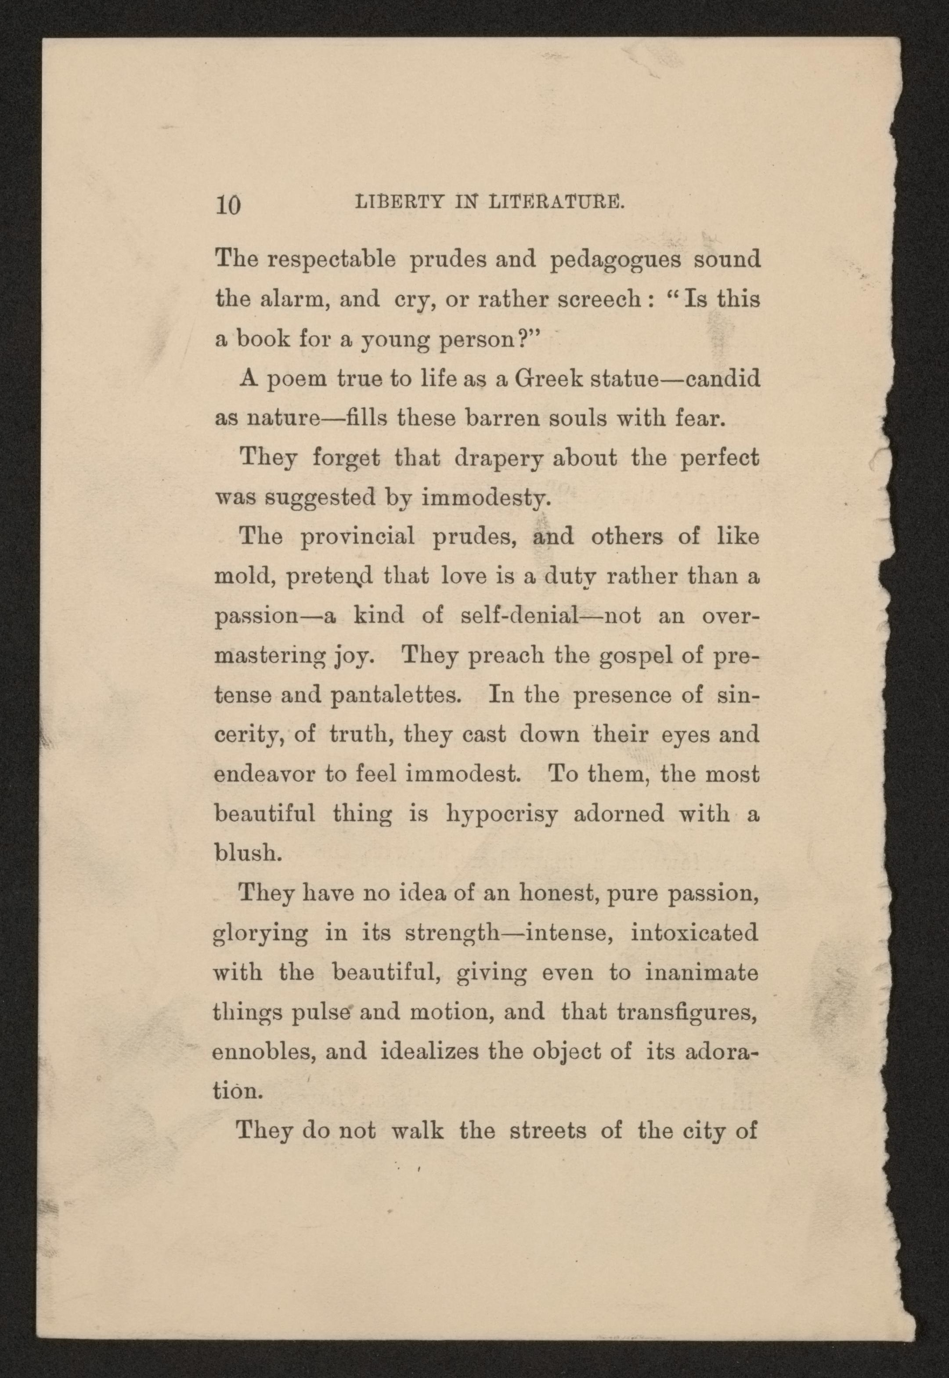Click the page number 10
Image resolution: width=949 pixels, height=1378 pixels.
(x=228, y=205)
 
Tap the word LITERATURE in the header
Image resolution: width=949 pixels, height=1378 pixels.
(x=556, y=203)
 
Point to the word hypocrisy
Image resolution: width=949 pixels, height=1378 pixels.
(x=502, y=814)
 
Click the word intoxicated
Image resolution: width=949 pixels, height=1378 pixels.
(x=694, y=932)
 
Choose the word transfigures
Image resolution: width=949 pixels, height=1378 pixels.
(x=687, y=1012)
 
